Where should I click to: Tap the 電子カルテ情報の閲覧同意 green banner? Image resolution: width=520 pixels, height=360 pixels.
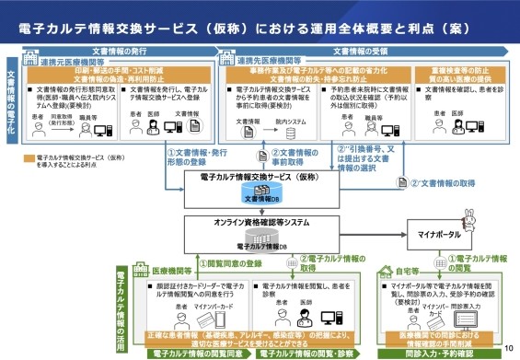point(198,352)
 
